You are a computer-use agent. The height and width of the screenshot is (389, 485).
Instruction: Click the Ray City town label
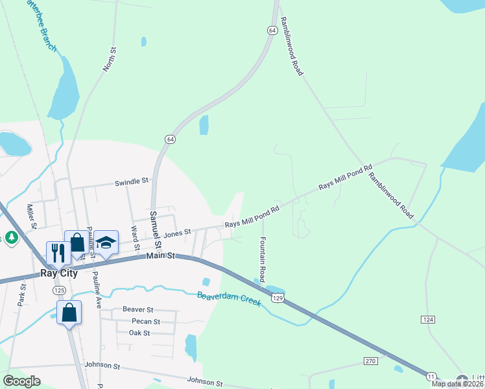tap(59, 273)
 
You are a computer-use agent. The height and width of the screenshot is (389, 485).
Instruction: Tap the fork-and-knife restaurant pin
tap(58, 252)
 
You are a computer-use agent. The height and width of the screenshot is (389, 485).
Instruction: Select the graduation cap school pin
tap(106, 242)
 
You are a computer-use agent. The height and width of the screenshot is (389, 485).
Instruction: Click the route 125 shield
tap(60, 289)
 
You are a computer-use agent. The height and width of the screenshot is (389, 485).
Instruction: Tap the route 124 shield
tap(427, 320)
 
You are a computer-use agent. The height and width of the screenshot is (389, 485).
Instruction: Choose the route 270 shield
tap(370, 360)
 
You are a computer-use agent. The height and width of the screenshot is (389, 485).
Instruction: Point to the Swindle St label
tap(132, 182)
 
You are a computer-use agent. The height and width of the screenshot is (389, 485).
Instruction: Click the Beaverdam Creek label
tap(228, 299)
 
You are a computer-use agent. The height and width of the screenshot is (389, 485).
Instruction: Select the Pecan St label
tap(145, 322)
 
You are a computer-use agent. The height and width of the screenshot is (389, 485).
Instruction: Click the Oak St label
tap(139, 333)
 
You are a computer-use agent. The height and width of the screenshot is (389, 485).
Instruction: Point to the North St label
tap(109, 59)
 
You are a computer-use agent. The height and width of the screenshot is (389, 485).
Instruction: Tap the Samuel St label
tap(155, 227)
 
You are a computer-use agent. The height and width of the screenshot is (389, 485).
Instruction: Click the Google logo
tap(21, 381)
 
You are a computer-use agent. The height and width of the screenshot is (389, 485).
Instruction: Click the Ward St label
tap(135, 237)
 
